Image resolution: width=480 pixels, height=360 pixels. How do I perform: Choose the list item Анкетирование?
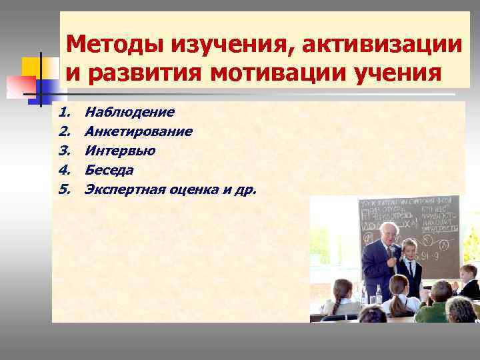(x=139, y=131)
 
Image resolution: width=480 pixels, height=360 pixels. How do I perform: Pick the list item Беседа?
(x=110, y=170)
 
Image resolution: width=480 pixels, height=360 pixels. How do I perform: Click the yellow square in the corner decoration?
(x=33, y=68)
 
